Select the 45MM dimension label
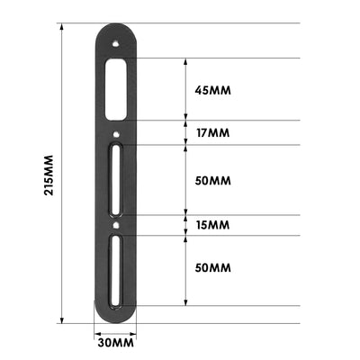(x=213, y=90)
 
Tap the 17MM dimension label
(x=212, y=133)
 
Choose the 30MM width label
(x=115, y=343)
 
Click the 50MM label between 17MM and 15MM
(x=213, y=180)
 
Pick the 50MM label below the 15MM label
(x=213, y=268)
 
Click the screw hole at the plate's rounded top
(x=115, y=40)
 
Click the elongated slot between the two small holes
(x=116, y=180)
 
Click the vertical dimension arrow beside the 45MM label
(x=184, y=90)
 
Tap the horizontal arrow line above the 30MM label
(x=115, y=330)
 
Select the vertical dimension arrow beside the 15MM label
(x=184, y=225)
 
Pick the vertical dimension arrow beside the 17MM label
(x=184, y=133)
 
